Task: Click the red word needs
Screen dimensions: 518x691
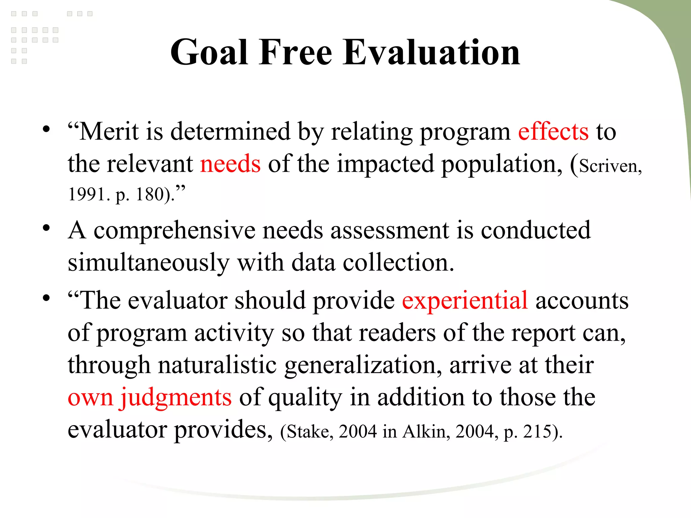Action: [230, 164]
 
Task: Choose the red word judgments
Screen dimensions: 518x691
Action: [176, 397]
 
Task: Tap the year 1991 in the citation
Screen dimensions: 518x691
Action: [87, 195]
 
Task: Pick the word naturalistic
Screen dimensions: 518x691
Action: [217, 365]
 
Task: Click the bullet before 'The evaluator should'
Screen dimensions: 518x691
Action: [46, 298]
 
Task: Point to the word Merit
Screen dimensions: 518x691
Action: [109, 132]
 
